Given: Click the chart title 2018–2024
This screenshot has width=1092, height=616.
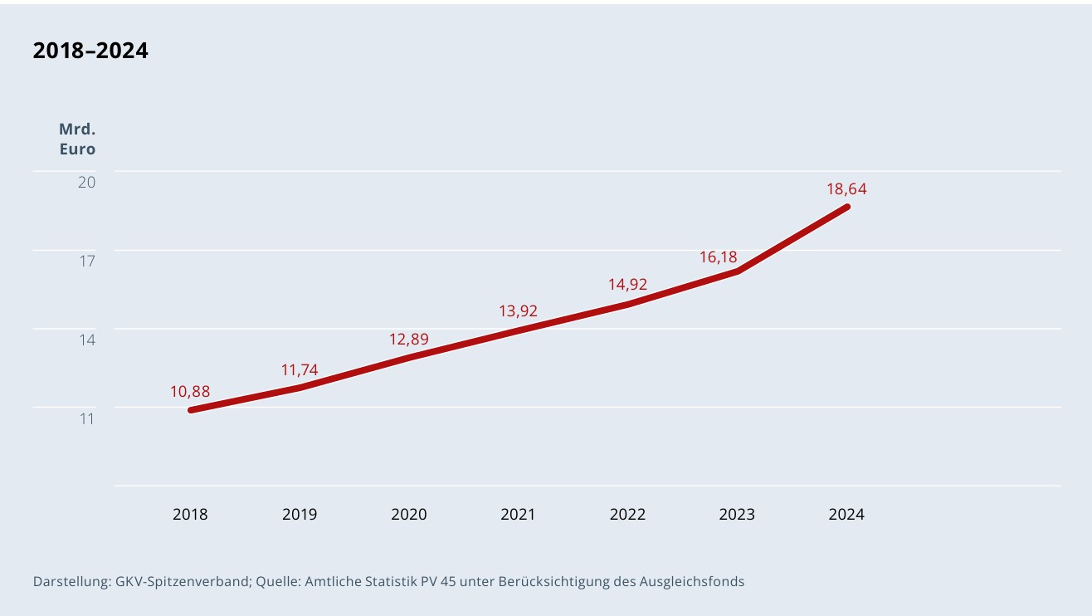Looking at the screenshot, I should (90, 51).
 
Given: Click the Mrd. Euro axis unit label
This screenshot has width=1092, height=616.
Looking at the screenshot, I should (77, 139).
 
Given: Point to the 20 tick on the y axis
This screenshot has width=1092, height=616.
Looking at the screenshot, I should (87, 182).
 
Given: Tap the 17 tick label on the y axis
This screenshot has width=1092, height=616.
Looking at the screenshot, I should (87, 261).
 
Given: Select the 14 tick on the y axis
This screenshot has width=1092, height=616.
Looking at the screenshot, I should (87, 340).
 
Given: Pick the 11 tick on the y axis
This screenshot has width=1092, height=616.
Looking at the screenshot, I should (87, 418).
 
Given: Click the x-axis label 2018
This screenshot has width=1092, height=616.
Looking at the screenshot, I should (190, 514).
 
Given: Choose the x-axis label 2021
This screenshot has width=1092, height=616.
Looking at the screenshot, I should (518, 514).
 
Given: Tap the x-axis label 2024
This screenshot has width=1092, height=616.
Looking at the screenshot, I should (846, 514).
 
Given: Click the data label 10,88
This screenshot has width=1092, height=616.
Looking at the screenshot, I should (190, 391).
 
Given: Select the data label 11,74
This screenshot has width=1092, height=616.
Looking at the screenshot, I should (300, 370).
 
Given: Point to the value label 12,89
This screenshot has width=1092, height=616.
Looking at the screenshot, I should (409, 339).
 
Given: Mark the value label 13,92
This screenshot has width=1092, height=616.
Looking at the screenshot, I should (518, 311).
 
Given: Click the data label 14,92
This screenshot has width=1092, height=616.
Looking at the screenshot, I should (627, 285).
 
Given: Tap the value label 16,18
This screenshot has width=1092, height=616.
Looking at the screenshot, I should (718, 257).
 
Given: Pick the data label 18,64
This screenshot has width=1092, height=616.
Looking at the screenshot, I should (846, 189).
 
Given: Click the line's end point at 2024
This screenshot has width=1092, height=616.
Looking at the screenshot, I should (847, 206).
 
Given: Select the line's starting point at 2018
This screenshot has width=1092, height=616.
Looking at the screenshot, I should (191, 410).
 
